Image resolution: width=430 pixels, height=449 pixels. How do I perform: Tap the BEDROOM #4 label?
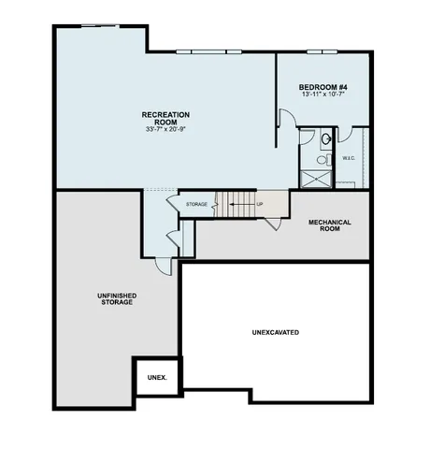pos(324,86)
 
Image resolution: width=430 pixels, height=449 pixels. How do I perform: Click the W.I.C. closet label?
pos(348,158)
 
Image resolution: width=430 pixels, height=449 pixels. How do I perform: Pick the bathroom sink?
pos(324,139)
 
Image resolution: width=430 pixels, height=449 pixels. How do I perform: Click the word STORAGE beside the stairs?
pos(196,204)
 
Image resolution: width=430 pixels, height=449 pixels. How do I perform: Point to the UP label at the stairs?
pos(258,203)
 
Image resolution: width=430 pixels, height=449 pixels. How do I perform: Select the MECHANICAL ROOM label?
pos(329,225)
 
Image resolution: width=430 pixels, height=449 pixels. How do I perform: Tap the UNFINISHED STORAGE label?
pos(116,299)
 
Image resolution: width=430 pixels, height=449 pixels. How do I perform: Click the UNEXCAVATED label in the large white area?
pos(276,332)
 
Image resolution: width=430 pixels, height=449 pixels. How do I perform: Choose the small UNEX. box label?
pos(156,379)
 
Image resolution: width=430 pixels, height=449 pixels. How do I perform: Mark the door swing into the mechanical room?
pos(270,222)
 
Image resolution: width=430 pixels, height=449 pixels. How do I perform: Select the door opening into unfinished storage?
pos(164,265)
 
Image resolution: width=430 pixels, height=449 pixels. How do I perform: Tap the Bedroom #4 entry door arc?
pos(287,120)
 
